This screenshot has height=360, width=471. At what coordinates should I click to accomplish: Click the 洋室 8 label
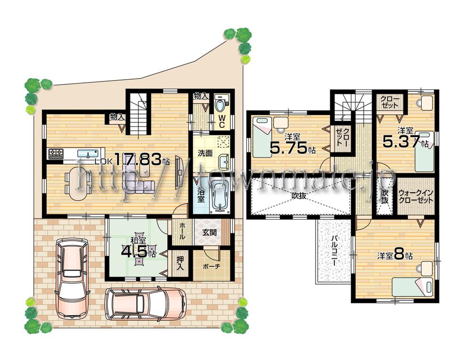click(x=395, y=256)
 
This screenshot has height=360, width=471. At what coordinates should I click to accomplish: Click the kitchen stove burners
click(x=57, y=153)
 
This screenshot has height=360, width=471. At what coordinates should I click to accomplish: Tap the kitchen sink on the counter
click(x=86, y=153)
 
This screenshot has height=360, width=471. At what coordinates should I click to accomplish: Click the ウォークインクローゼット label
click(x=416, y=196)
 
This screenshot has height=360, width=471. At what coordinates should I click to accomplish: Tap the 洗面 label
click(x=204, y=153)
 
